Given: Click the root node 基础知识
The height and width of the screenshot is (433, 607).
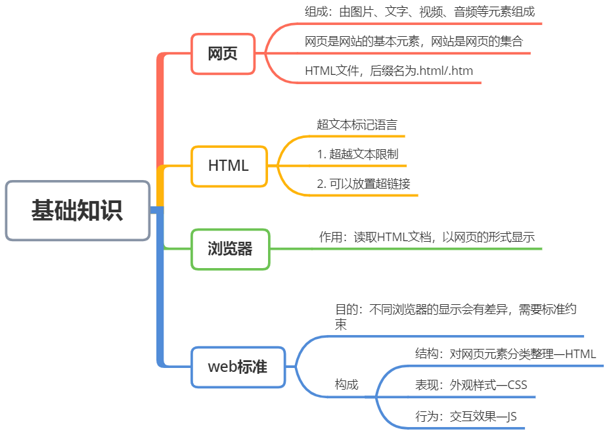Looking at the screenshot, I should [x=78, y=211].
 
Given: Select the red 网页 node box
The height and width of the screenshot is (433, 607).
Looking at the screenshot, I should [x=223, y=54].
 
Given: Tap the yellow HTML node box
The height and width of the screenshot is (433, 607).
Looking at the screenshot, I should [x=229, y=166].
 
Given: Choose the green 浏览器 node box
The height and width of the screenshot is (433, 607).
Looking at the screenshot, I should [x=230, y=249].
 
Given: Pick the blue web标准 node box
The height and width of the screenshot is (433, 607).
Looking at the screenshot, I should [x=238, y=367].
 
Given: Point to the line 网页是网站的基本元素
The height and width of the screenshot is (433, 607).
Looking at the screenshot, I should [x=414, y=41].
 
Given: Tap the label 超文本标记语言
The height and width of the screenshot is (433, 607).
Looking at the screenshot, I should [x=357, y=124].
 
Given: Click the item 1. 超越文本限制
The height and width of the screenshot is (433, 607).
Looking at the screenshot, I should [x=357, y=154].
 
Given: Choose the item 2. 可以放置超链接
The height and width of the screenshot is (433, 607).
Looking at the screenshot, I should [x=363, y=184].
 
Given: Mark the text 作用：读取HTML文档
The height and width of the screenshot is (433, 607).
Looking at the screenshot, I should [x=427, y=237].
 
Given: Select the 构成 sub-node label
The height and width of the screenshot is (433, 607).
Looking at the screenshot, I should [x=346, y=384].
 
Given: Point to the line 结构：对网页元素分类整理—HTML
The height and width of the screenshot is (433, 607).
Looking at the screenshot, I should [x=505, y=354].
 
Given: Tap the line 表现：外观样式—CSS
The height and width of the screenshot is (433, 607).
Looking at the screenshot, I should [x=471, y=385].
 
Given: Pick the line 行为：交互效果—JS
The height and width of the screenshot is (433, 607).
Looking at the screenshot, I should [x=466, y=416].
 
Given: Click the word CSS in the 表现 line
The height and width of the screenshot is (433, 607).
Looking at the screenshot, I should [x=516, y=385].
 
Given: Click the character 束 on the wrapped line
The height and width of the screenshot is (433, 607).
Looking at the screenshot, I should [x=341, y=325].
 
